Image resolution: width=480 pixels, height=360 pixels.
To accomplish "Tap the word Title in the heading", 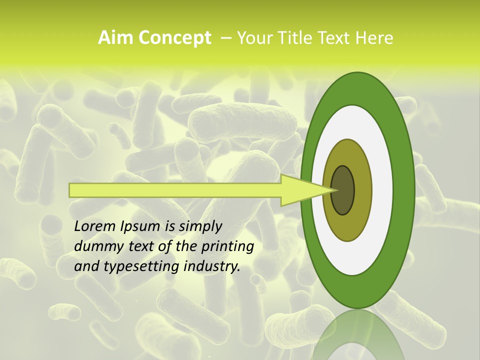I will coord(291,38).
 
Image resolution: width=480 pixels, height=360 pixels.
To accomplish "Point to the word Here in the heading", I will coord(374,38).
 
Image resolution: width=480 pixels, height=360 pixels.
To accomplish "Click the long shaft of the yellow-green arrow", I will coord(175,190).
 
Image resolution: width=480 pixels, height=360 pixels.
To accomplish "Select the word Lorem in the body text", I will coord(94,226).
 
